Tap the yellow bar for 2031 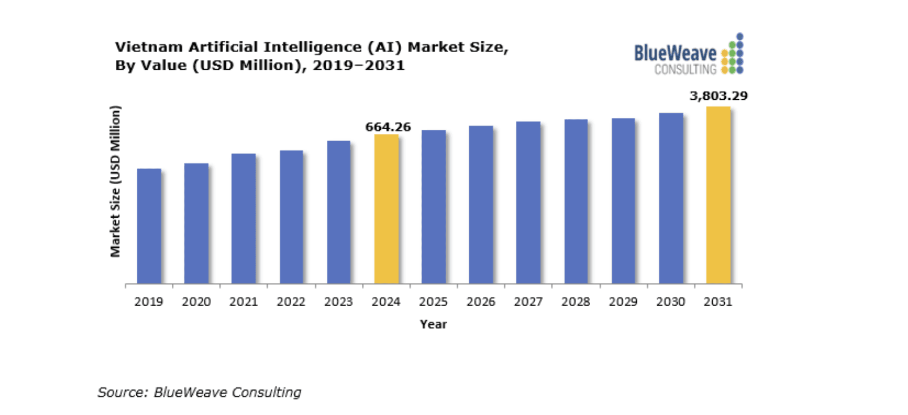pyautogui.click(x=718, y=195)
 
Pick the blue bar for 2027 pyautogui.click(x=528, y=202)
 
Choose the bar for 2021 pyautogui.click(x=243, y=218)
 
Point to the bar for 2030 pyautogui.click(x=671, y=198)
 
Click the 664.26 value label pyautogui.click(x=388, y=127)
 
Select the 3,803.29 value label pyautogui.click(x=718, y=96)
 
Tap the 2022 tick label pyautogui.click(x=291, y=302)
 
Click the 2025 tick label pyautogui.click(x=433, y=302)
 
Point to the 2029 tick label pyautogui.click(x=623, y=302)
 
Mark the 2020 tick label pyautogui.click(x=196, y=302)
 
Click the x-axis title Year pyautogui.click(x=433, y=324)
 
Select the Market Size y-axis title pyautogui.click(x=115, y=181)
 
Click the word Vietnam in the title pyautogui.click(x=149, y=47)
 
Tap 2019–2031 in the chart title pyautogui.click(x=359, y=66)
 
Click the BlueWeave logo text pyautogui.click(x=675, y=54)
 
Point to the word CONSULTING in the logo pyautogui.click(x=685, y=70)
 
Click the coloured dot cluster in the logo pyautogui.click(x=732, y=55)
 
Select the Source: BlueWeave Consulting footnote pyautogui.click(x=199, y=392)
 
